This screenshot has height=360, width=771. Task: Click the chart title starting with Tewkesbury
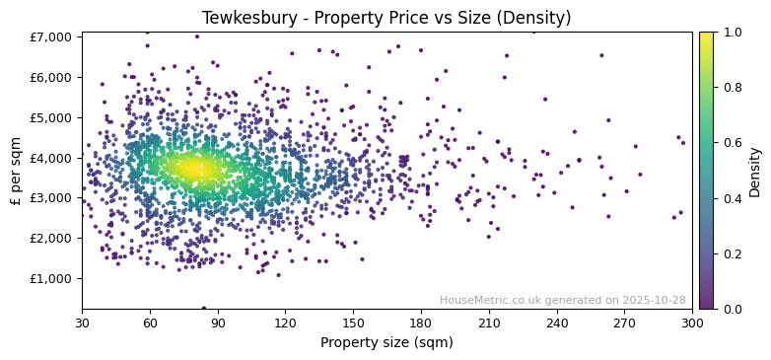[386, 18]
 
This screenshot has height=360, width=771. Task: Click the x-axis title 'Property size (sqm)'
[386, 343]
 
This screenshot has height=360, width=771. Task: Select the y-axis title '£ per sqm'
[16, 171]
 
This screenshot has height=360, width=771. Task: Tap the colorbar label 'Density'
[754, 171]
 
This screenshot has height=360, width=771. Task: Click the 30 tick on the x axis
[82, 323]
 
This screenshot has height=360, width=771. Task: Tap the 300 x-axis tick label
[692, 323]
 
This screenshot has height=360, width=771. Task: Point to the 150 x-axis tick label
[353, 323]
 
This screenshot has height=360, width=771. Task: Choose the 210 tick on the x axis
[489, 323]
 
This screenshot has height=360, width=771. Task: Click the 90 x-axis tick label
[218, 323]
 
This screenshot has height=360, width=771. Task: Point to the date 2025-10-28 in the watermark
[656, 300]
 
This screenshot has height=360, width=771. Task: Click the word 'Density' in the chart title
[540, 18]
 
